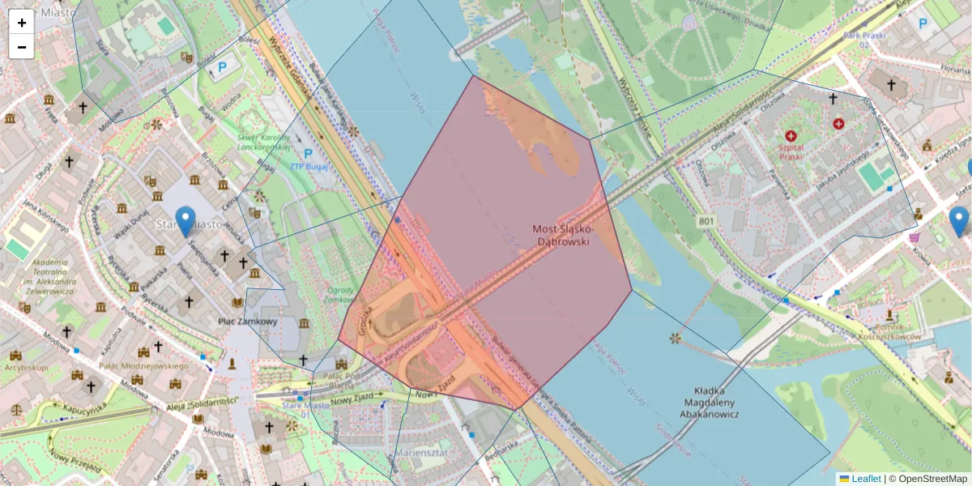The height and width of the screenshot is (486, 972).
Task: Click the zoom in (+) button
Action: pyautogui.click(x=22, y=23)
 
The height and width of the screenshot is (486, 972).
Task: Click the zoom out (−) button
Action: pyautogui.click(x=22, y=47)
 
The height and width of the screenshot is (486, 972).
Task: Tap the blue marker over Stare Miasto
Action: pyautogui.click(x=186, y=220)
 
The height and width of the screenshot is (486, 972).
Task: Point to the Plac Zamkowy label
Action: pyautogui.click(x=248, y=322)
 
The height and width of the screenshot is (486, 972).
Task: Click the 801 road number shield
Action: pyautogui.click(x=707, y=220)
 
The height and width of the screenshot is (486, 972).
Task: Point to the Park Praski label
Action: pyautogui.click(x=863, y=36)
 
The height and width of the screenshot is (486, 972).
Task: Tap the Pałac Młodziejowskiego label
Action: pyautogui.click(x=143, y=366)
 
